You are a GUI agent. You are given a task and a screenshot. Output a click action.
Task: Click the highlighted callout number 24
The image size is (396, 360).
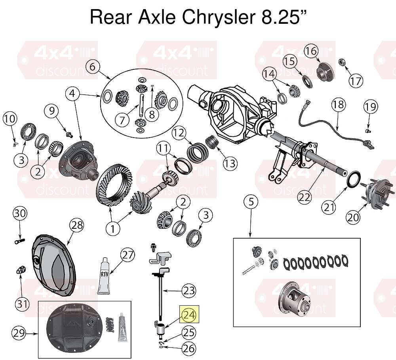click(189, 315)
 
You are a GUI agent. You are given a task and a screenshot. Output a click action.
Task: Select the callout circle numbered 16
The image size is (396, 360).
click(312, 51)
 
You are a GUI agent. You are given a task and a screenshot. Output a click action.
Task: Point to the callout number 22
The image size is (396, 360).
click(304, 197)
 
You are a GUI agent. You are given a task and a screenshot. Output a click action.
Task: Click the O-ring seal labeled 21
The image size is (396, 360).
click(352, 179)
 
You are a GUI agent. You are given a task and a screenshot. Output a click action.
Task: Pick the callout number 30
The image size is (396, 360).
click(20, 214)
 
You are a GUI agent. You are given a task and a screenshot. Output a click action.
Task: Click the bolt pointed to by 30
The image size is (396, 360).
click(19, 241)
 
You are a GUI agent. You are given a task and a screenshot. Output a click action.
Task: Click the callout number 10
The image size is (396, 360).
click(10, 119)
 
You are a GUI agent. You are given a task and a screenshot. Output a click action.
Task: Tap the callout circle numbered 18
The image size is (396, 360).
click(338, 104)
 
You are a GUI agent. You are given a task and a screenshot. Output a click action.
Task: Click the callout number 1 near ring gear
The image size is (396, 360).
click(112, 229)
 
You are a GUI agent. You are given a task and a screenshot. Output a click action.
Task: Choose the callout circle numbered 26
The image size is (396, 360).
click(189, 349)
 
